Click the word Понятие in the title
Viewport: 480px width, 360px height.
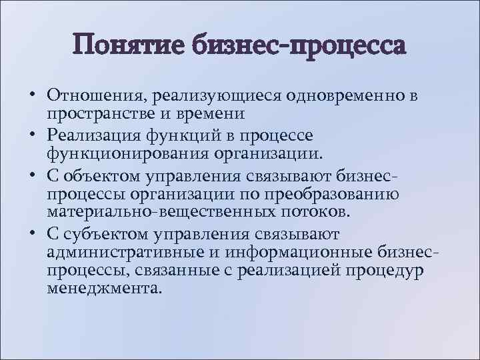click(130, 46)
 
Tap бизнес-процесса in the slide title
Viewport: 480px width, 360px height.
click(297, 46)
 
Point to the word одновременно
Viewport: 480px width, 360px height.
click(347, 96)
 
